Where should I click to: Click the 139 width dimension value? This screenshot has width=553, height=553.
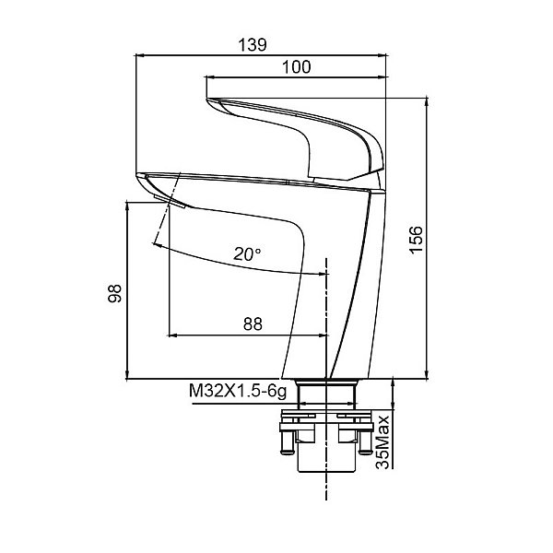point(253,45)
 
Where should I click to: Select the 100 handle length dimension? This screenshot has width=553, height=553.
point(296,67)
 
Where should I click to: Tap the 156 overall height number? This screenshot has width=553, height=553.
point(417,240)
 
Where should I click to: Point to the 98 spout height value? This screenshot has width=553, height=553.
point(114,293)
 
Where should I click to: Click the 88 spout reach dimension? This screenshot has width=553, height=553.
point(253,324)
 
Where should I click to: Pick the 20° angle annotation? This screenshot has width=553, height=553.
point(247,254)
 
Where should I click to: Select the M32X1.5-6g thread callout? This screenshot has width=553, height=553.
point(238,391)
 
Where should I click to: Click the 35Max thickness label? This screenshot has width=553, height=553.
point(382,442)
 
